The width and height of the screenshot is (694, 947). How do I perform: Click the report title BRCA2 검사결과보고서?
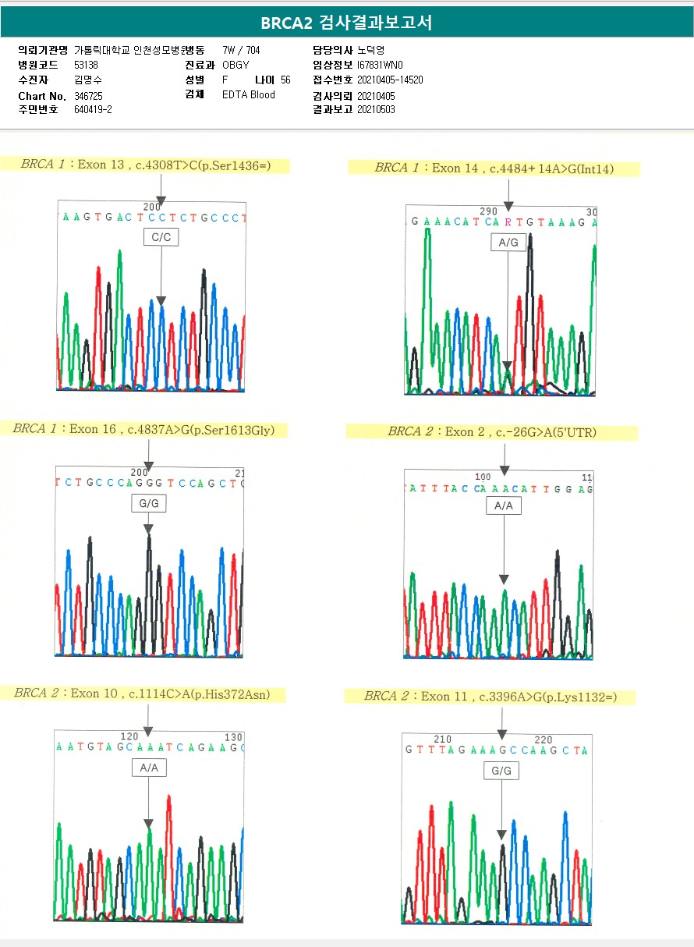pyautogui.click(x=346, y=23)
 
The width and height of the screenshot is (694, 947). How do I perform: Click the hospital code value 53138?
pyautogui.click(x=86, y=65)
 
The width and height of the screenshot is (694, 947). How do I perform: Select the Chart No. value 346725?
pyautogui.click(x=88, y=96)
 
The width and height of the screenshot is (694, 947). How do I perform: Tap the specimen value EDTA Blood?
pyautogui.click(x=249, y=95)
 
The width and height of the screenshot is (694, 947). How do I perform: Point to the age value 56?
pyautogui.click(x=285, y=80)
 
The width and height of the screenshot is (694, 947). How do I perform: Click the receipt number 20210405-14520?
pyautogui.click(x=390, y=80)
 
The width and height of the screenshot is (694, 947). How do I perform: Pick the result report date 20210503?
pyautogui.click(x=376, y=110)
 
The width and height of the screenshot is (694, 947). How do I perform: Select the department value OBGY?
pyautogui.click(x=235, y=65)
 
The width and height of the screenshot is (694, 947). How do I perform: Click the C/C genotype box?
pyautogui.click(x=161, y=237)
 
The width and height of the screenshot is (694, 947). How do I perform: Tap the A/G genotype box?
pyautogui.click(x=508, y=243)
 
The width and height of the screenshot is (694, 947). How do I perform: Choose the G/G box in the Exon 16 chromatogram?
pyautogui.click(x=148, y=504)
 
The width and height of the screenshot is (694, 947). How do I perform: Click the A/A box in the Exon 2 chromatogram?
pyautogui.click(x=504, y=506)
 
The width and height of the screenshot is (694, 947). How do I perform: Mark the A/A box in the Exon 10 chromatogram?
pyautogui.click(x=148, y=768)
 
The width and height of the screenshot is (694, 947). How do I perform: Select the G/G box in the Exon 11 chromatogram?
pyautogui.click(x=501, y=771)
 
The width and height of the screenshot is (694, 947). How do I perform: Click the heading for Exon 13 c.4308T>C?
pyautogui.click(x=155, y=165)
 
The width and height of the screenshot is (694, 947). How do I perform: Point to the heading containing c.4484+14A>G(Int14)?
pyautogui.click(x=494, y=168)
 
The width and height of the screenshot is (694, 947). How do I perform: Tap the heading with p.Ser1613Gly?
pyautogui.click(x=149, y=429)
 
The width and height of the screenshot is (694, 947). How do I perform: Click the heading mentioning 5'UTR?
pyautogui.click(x=491, y=431)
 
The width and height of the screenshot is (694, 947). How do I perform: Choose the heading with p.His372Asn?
pyautogui.click(x=149, y=693)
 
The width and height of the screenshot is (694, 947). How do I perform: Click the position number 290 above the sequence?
pyautogui.click(x=488, y=211)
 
